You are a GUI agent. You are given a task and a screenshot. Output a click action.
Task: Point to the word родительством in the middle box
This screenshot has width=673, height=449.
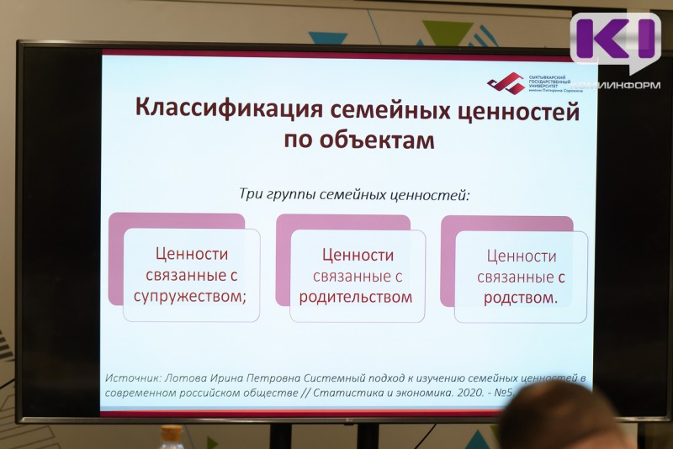(x=356, y=296)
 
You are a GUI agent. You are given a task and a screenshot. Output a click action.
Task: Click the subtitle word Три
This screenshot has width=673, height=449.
(x=252, y=194)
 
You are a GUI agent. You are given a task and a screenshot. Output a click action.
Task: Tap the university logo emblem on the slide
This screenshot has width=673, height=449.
(x=505, y=83)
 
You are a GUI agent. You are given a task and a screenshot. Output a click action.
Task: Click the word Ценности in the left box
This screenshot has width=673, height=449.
(x=192, y=254)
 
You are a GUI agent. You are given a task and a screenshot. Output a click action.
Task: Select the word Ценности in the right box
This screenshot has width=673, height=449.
(x=522, y=256)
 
